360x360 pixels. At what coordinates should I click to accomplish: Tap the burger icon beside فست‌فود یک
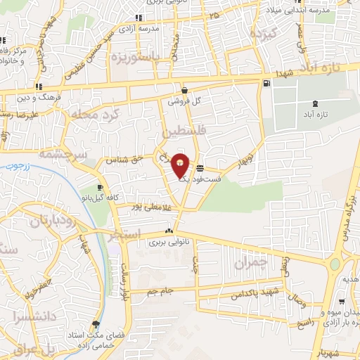pyautogui.click(x=201, y=168)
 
